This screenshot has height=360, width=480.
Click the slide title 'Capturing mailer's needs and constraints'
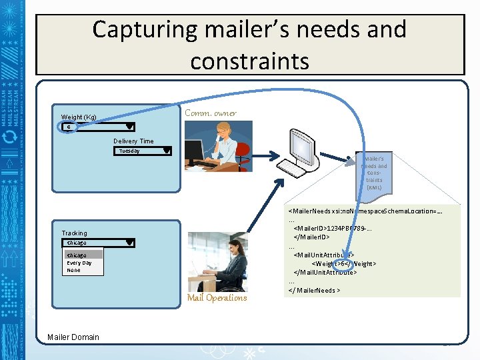tap(249, 45)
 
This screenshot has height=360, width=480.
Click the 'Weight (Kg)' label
tap(79, 117)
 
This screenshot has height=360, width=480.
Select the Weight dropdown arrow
tap(130, 127)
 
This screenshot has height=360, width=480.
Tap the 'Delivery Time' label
tap(133, 141)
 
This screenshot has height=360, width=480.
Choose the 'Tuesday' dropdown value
tap(129, 151)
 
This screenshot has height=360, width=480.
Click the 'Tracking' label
tap(74, 233)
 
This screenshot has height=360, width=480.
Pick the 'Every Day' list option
tap(79, 263)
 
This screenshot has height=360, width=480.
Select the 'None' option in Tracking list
tap(73, 270)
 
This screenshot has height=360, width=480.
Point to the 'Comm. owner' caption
tap(210, 113)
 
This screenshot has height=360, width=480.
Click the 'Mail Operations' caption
tap(217, 298)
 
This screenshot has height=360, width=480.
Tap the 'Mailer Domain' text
tap(73, 337)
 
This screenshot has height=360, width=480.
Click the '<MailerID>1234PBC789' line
tap(332, 229)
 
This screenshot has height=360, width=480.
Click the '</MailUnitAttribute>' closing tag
tap(325, 273)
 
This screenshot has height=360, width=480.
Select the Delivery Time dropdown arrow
tap(166, 151)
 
